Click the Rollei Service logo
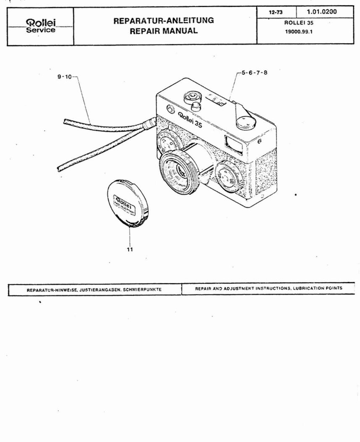click(41, 26)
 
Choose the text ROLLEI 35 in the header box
click(299, 23)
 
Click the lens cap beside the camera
click(124, 203)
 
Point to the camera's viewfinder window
click(232, 142)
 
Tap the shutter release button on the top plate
click(194, 107)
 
